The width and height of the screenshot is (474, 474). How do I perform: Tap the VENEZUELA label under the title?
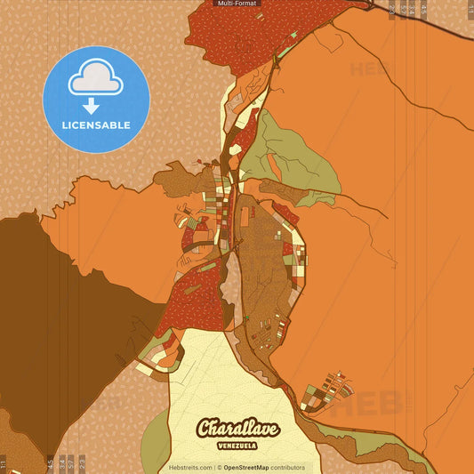point(237,445)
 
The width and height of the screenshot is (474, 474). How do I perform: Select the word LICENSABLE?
point(96,125)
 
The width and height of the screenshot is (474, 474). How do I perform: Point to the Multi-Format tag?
point(237,4)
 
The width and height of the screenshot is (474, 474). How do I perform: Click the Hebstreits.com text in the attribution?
point(190,467)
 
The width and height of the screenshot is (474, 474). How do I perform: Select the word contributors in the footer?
point(288,467)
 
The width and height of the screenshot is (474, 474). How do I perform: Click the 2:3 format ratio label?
point(82,462)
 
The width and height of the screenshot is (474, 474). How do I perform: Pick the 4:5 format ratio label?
point(50,462)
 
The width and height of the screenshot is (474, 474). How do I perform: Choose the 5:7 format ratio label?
point(71,462)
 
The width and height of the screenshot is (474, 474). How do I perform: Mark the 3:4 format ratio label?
point(60,462)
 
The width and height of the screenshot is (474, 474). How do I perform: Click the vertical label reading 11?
point(4,462)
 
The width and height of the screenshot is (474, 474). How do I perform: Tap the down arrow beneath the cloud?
point(96,105)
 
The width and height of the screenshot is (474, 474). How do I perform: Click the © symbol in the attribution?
point(219,467)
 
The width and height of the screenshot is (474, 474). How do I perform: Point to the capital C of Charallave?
point(207,429)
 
